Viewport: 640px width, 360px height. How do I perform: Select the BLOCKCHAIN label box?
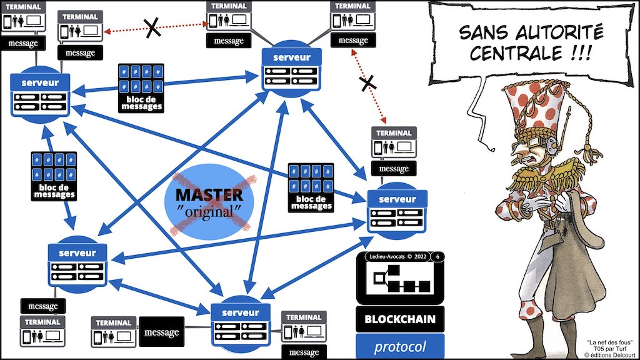[x=400, y=319]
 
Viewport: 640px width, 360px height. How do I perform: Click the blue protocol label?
[x=400, y=347]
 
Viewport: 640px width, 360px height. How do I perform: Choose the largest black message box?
[x=161, y=332]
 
